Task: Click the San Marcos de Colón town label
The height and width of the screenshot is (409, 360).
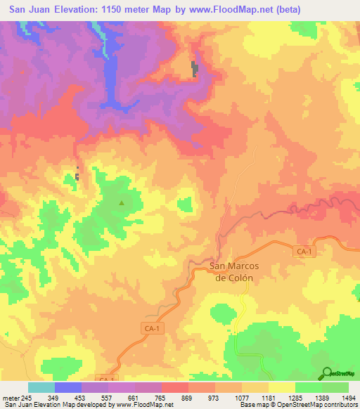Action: [234, 271]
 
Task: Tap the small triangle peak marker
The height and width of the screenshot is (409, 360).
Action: [122, 204]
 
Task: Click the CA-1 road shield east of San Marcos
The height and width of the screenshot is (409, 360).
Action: [303, 251]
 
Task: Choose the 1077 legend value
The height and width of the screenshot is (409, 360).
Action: [243, 398]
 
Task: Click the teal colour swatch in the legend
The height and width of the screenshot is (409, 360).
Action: [41, 387]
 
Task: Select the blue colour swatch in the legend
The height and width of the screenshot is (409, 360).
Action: [68, 387]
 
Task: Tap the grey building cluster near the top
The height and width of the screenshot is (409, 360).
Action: [195, 69]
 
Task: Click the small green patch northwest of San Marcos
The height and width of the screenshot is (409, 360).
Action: [185, 204]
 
